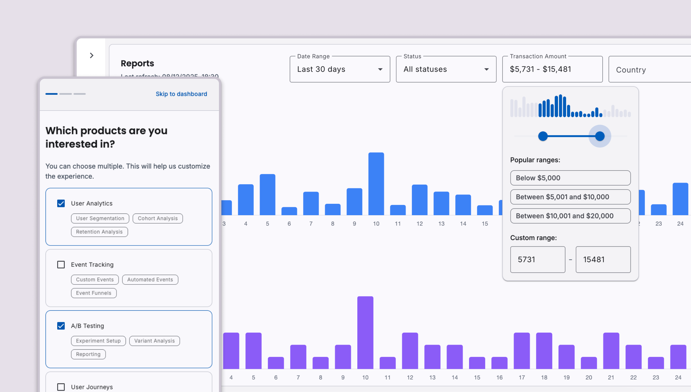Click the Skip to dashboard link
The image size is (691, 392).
(181, 94)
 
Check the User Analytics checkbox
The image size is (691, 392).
(61, 203)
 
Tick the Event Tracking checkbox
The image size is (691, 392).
(61, 265)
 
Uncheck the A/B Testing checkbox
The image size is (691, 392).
(61, 326)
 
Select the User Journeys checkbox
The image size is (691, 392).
(61, 387)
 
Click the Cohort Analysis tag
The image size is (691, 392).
(158, 218)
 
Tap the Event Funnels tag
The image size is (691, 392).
(93, 293)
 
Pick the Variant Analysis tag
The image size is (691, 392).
(154, 341)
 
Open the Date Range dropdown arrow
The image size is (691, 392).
(380, 70)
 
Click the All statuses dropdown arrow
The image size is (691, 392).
(486, 70)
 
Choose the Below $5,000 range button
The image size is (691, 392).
(570, 178)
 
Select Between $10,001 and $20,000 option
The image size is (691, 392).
(570, 216)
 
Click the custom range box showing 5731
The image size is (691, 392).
(538, 260)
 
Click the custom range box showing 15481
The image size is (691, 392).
(603, 260)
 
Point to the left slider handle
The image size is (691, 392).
(543, 136)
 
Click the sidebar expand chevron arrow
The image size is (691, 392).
(92, 55)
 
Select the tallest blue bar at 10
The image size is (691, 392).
(376, 183)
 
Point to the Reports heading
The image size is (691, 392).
(137, 64)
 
